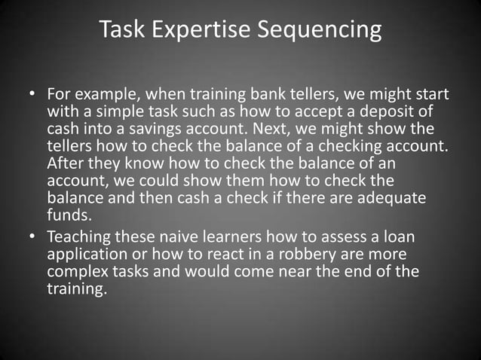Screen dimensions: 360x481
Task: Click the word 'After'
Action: coord(66,163)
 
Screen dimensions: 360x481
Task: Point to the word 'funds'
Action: coord(66,213)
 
